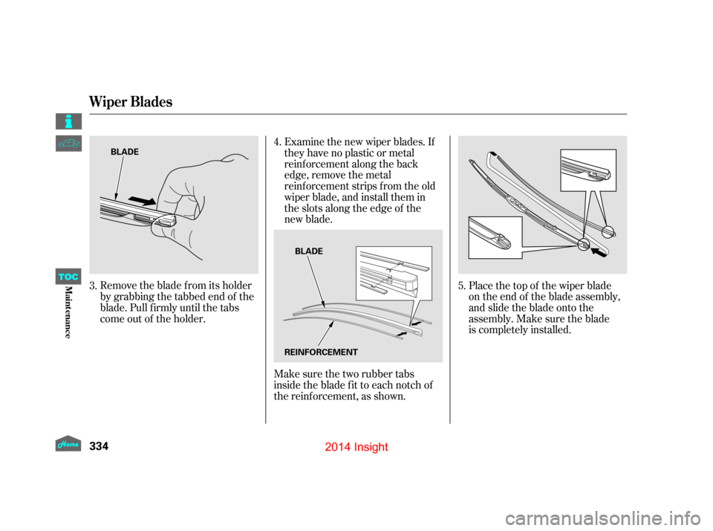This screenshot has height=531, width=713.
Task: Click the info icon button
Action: click(x=68, y=121)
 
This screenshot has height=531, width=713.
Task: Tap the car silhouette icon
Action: click(x=68, y=144)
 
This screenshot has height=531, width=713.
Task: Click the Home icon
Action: click(x=68, y=443)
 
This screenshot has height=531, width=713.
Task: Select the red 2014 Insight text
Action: click(x=356, y=446)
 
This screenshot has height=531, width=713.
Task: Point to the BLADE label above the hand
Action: click(x=125, y=151)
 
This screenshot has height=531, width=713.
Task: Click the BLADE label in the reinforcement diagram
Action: click(x=309, y=251)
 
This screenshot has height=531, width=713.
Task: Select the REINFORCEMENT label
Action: click(x=320, y=352)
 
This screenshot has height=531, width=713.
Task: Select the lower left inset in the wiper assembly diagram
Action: click(x=495, y=236)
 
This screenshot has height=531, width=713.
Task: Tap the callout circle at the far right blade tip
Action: click(x=609, y=231)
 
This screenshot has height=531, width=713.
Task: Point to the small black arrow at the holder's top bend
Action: click(x=490, y=153)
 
